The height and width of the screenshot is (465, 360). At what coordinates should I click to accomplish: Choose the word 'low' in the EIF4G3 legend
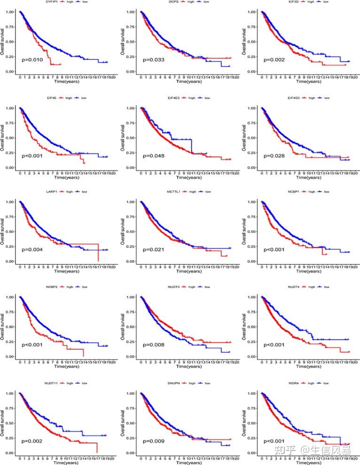(x=326, y=98)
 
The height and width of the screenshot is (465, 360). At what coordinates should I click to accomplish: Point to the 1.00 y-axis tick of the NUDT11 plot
(x=8, y=393)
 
